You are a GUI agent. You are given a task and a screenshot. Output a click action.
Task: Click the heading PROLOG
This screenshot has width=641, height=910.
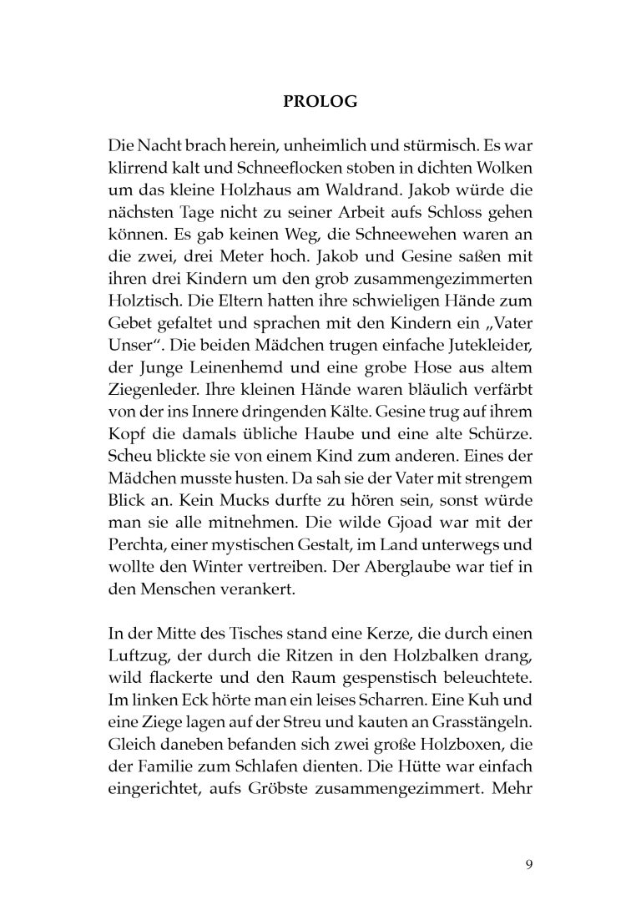point(320,103)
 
